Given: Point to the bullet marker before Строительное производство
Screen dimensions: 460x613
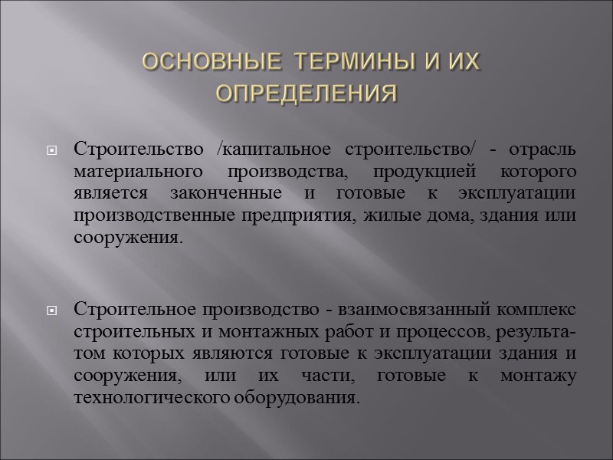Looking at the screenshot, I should (53, 310).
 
